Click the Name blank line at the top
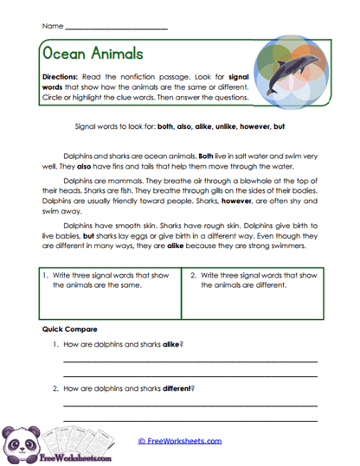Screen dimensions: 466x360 117,29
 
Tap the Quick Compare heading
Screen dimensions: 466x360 70,329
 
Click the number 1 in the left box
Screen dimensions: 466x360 46,275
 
